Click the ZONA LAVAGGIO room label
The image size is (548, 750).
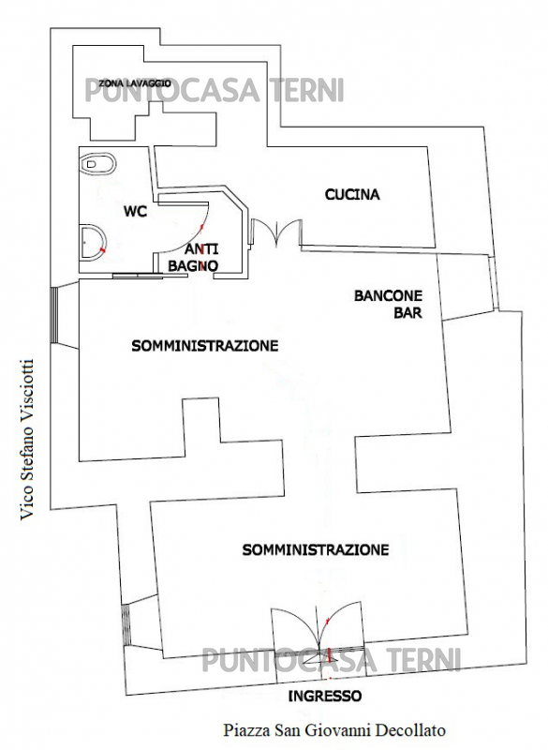pyautogui.click(x=135, y=83)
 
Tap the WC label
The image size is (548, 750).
pyautogui.click(x=135, y=211)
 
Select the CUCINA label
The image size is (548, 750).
pyautogui.click(x=352, y=195)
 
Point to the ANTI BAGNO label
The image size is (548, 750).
pyautogui.click(x=194, y=257)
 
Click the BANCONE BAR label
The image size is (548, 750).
pyautogui.click(x=388, y=304)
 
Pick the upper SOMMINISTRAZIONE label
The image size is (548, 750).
pyautogui.click(x=204, y=345)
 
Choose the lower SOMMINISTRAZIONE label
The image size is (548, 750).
pyautogui.click(x=316, y=549)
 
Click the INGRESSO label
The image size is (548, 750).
pyautogui.click(x=324, y=696)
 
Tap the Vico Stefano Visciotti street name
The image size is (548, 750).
pyautogui.click(x=27, y=440)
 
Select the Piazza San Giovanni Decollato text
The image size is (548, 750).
pyautogui.click(x=334, y=730)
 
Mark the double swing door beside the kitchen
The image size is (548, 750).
pyautogui.click(x=276, y=232)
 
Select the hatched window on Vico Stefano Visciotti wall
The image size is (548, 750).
pyautogui.click(x=54, y=314)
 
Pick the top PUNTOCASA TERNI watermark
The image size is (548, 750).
pyautogui.click(x=215, y=90)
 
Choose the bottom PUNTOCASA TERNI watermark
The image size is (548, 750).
pyautogui.click(x=331, y=660)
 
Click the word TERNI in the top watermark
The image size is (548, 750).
pyautogui.click(x=307, y=90)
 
